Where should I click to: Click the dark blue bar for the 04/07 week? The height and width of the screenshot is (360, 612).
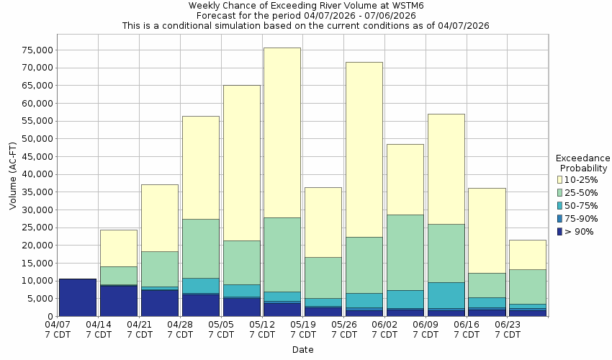(78, 297)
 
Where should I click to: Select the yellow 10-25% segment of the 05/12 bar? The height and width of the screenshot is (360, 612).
(282, 132)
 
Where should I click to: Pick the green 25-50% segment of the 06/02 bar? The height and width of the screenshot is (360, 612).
(405, 252)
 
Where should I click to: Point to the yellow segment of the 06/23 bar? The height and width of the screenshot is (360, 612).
(528, 254)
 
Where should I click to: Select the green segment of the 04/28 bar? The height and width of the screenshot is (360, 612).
(201, 248)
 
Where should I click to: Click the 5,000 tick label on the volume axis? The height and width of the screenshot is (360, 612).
(40, 299)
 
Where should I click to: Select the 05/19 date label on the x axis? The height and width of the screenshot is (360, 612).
(304, 330)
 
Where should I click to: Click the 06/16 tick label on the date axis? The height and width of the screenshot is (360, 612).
(467, 330)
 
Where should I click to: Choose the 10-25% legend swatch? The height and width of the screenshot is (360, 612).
(561, 179)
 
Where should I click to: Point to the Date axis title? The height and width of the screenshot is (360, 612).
(302, 350)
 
